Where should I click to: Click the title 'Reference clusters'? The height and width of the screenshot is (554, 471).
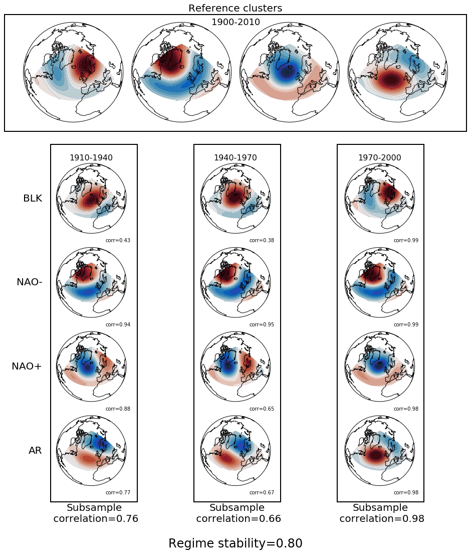pyautogui.click(x=235, y=9)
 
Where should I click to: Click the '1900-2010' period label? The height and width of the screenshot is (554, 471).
pyautogui.click(x=235, y=22)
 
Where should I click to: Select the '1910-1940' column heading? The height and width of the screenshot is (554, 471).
pyautogui.click(x=91, y=158)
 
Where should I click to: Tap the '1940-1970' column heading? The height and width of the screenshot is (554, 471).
pyautogui.click(x=235, y=158)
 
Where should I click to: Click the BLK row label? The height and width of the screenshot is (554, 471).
pyautogui.click(x=33, y=199)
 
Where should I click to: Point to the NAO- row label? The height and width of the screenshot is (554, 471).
pyautogui.click(x=30, y=282)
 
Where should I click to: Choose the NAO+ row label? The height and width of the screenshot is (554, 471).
pyautogui.click(x=27, y=366)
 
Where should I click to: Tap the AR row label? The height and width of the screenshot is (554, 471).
pyautogui.click(x=35, y=451)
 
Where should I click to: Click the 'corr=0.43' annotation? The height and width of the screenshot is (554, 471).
pyautogui.click(x=118, y=241)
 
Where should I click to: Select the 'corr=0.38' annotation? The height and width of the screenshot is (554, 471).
pyautogui.click(x=262, y=241)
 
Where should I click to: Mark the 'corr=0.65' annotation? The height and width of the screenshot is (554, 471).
pyautogui.click(x=262, y=409)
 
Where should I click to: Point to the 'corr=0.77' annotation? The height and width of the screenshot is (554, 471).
pyautogui.click(x=118, y=493)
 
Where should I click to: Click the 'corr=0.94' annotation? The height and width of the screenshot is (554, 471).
pyautogui.click(x=118, y=325)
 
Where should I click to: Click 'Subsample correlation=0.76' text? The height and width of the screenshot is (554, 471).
pyautogui.click(x=95, y=513)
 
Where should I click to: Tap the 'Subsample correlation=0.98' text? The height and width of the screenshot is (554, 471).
pyautogui.click(x=381, y=513)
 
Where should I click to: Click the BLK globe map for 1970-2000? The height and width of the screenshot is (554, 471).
pyautogui.click(x=380, y=198)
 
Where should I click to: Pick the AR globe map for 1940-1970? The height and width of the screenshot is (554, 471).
pyautogui.click(x=235, y=451)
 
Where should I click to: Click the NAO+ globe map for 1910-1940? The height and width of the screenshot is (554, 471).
pyautogui.click(x=91, y=366)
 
